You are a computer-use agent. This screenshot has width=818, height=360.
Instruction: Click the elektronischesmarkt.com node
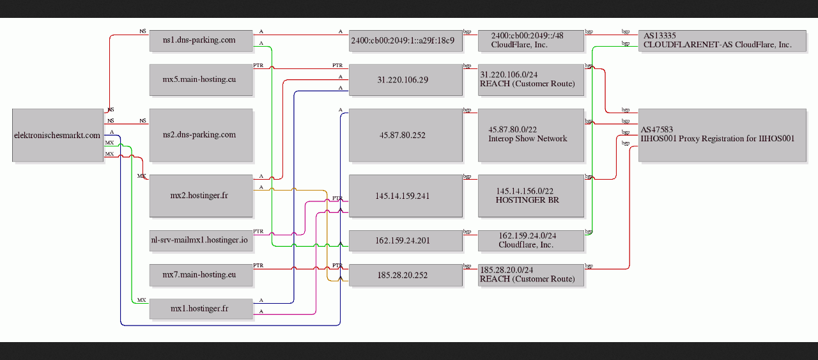pos(58,135)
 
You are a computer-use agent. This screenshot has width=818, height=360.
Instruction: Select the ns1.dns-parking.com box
pos(201,40)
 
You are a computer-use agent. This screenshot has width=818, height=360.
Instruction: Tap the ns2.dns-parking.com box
pos(201,135)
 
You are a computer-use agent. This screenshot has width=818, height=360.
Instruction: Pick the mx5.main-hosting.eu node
pos(201,80)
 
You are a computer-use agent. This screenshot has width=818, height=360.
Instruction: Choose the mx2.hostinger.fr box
pos(201,196)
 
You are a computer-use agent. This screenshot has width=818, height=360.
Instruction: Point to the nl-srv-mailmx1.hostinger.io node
pos(201,240)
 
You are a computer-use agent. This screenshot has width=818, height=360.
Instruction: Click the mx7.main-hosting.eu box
pos(201,275)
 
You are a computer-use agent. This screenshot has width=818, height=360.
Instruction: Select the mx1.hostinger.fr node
pos(201,309)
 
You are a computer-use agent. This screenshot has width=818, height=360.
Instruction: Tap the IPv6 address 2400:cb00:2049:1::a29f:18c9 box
pos(406,40)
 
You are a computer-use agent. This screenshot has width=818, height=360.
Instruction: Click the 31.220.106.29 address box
pos(406,80)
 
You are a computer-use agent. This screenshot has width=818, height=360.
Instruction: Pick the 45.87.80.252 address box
pos(406,135)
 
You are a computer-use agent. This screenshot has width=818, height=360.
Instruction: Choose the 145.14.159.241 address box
pos(406,196)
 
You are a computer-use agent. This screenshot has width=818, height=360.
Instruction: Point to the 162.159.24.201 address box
pos(406,240)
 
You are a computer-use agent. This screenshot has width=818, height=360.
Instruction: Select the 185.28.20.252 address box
pos(406,275)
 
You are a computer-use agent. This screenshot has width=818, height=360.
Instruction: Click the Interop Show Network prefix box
pos(531,135)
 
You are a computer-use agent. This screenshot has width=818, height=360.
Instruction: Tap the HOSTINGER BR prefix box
pos(531,196)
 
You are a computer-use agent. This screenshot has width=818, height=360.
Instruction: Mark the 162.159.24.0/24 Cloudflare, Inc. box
pos(531,240)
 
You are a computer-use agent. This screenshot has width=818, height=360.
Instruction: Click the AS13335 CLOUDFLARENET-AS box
pos(722,40)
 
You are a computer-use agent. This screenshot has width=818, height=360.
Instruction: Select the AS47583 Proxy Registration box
pos(722,135)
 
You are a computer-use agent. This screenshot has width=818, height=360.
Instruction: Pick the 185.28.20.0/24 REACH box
pos(531,275)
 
